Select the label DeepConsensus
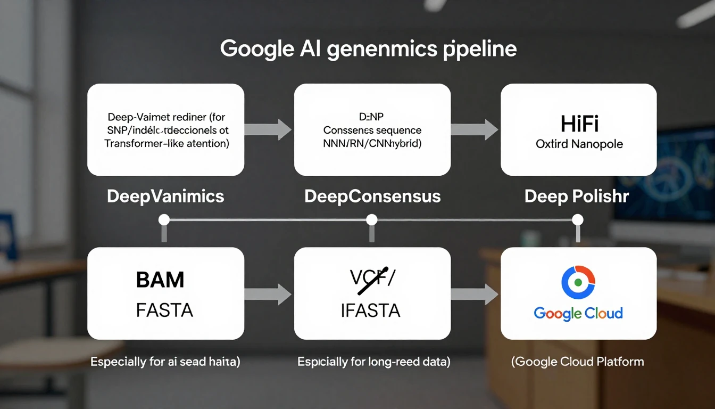coord(372,196)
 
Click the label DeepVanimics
coord(165,196)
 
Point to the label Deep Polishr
coord(577,196)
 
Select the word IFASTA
coord(370,310)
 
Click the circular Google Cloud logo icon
coord(578,282)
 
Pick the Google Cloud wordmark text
coord(578,313)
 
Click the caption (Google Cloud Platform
coord(577,362)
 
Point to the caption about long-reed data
coord(374,362)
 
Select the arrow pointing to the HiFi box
coord(475,129)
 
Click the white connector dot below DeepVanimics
coord(164,219)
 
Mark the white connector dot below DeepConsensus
coord(372,219)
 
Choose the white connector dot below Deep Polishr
coord(578,219)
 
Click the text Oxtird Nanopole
coord(579,144)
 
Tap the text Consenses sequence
coord(372,130)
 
